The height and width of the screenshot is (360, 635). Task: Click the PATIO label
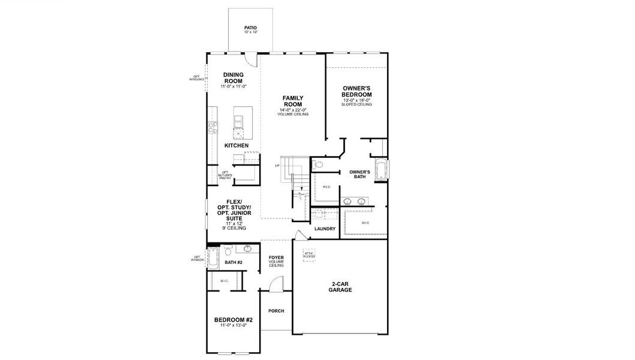point(250,29)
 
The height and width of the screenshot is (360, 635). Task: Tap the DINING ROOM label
point(233,78)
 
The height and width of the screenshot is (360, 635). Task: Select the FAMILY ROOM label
point(293,101)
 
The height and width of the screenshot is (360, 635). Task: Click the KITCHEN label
point(236,146)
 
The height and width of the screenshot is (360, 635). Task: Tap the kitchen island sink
point(239,133)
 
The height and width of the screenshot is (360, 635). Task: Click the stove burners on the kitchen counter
point(211,127)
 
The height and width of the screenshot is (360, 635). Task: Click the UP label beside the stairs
point(277,166)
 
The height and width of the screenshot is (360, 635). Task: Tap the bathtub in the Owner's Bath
point(380,170)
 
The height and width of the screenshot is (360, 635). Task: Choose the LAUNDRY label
point(325,229)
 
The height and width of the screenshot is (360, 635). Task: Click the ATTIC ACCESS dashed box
point(308,254)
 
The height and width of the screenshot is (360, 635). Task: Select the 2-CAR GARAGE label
point(340,287)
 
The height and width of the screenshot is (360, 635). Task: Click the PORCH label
point(276,311)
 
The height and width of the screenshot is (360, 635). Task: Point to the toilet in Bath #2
point(247,248)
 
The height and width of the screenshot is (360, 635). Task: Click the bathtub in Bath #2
point(213,259)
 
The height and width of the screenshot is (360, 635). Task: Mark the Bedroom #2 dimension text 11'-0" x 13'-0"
point(233,326)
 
